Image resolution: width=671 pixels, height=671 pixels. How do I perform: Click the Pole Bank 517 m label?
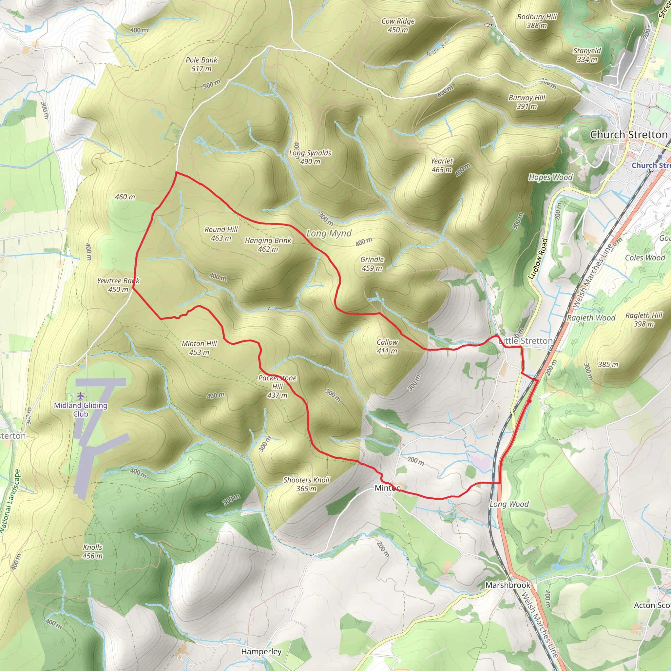tap(201, 64)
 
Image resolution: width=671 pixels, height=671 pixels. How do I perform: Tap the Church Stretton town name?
tap(629, 135)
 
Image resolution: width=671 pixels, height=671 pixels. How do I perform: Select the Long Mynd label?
tap(329, 233)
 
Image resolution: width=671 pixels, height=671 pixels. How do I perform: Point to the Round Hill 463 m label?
tap(221, 234)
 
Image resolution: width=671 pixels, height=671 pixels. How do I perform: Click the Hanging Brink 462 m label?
tap(268, 244)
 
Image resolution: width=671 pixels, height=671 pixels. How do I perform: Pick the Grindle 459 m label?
tap(372, 264)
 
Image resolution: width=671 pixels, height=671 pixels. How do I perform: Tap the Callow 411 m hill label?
tap(387, 346)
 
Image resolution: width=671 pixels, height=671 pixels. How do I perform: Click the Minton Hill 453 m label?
tap(199, 348)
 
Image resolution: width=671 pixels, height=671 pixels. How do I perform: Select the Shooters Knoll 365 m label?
tap(306, 484)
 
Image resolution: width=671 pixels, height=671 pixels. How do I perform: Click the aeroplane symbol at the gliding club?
tap(81, 395)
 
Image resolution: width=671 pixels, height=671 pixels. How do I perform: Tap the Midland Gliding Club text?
tap(81, 410)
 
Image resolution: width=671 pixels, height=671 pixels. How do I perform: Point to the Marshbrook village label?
tap(508, 585)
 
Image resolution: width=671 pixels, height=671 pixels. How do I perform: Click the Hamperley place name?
tap(261, 652)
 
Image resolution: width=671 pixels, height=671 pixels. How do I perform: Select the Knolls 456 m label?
tap(93, 551)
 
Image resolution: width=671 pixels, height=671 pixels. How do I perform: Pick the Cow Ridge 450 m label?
tap(398, 25)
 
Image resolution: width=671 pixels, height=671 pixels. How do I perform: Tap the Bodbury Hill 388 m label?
tap(537, 21)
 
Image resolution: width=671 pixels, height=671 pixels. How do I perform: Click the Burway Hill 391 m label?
tap(527, 102)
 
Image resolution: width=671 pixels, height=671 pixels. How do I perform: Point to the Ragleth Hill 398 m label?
tap(644, 319)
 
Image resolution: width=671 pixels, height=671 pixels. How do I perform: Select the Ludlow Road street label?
tap(538, 259)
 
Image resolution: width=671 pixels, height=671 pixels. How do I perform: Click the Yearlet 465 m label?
tap(442, 165)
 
